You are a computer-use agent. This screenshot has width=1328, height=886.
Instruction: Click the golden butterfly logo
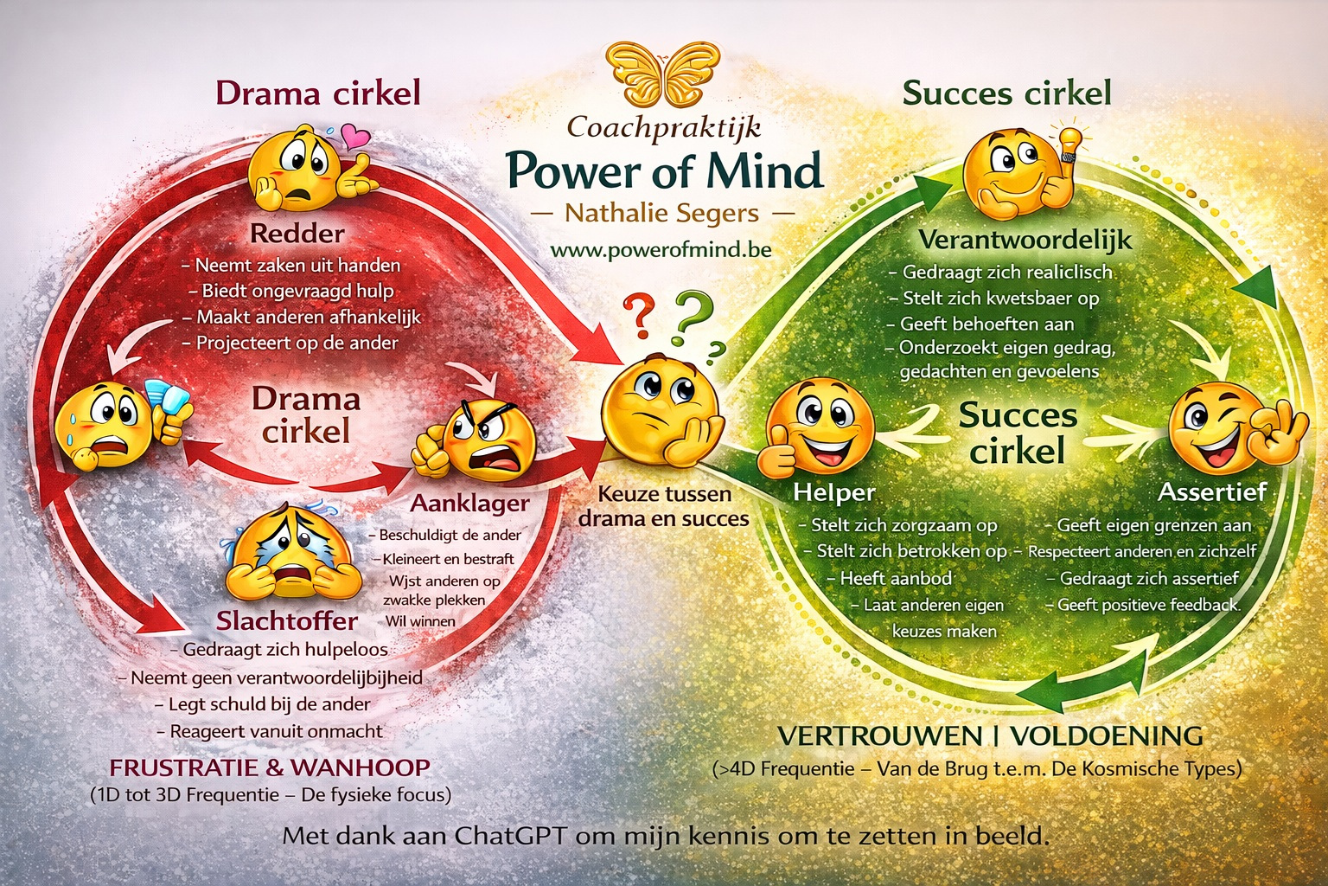coord(663,76)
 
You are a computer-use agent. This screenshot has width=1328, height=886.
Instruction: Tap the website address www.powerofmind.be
coord(661,250)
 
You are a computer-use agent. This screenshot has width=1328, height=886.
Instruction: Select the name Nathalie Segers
coord(661,213)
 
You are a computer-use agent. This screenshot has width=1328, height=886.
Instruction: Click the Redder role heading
coord(297,234)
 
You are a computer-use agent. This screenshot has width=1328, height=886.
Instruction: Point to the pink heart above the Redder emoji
coord(354,137)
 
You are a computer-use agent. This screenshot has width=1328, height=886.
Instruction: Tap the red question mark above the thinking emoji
coord(639,317)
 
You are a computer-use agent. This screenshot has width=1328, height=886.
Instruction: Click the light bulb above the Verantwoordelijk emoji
coord(1069,143)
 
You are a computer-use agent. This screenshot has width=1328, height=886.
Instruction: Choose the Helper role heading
coord(834,492)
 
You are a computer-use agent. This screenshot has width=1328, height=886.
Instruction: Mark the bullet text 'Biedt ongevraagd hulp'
coord(297,291)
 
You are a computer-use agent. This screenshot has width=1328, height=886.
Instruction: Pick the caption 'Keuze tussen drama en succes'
coord(663,507)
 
